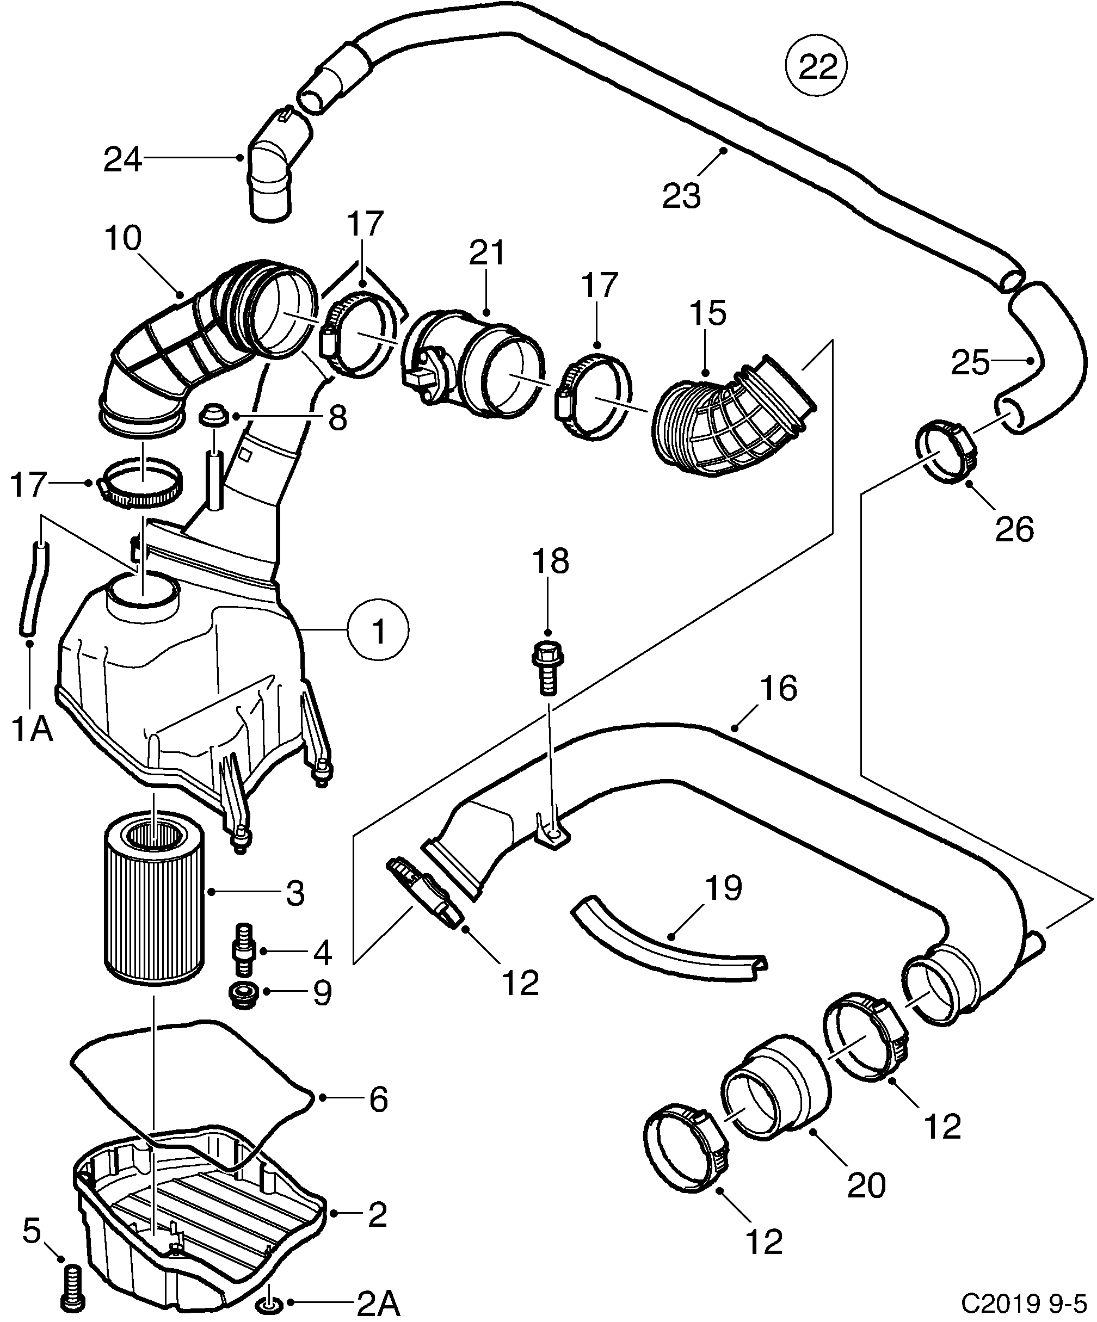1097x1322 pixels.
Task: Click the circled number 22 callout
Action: coord(817,67)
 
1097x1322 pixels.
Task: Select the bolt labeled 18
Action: coord(547,668)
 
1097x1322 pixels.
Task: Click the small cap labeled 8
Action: coord(213,416)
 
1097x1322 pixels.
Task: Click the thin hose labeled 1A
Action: coord(33,589)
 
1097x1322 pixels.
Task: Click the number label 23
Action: coord(681,196)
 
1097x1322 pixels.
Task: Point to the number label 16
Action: coord(778,689)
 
